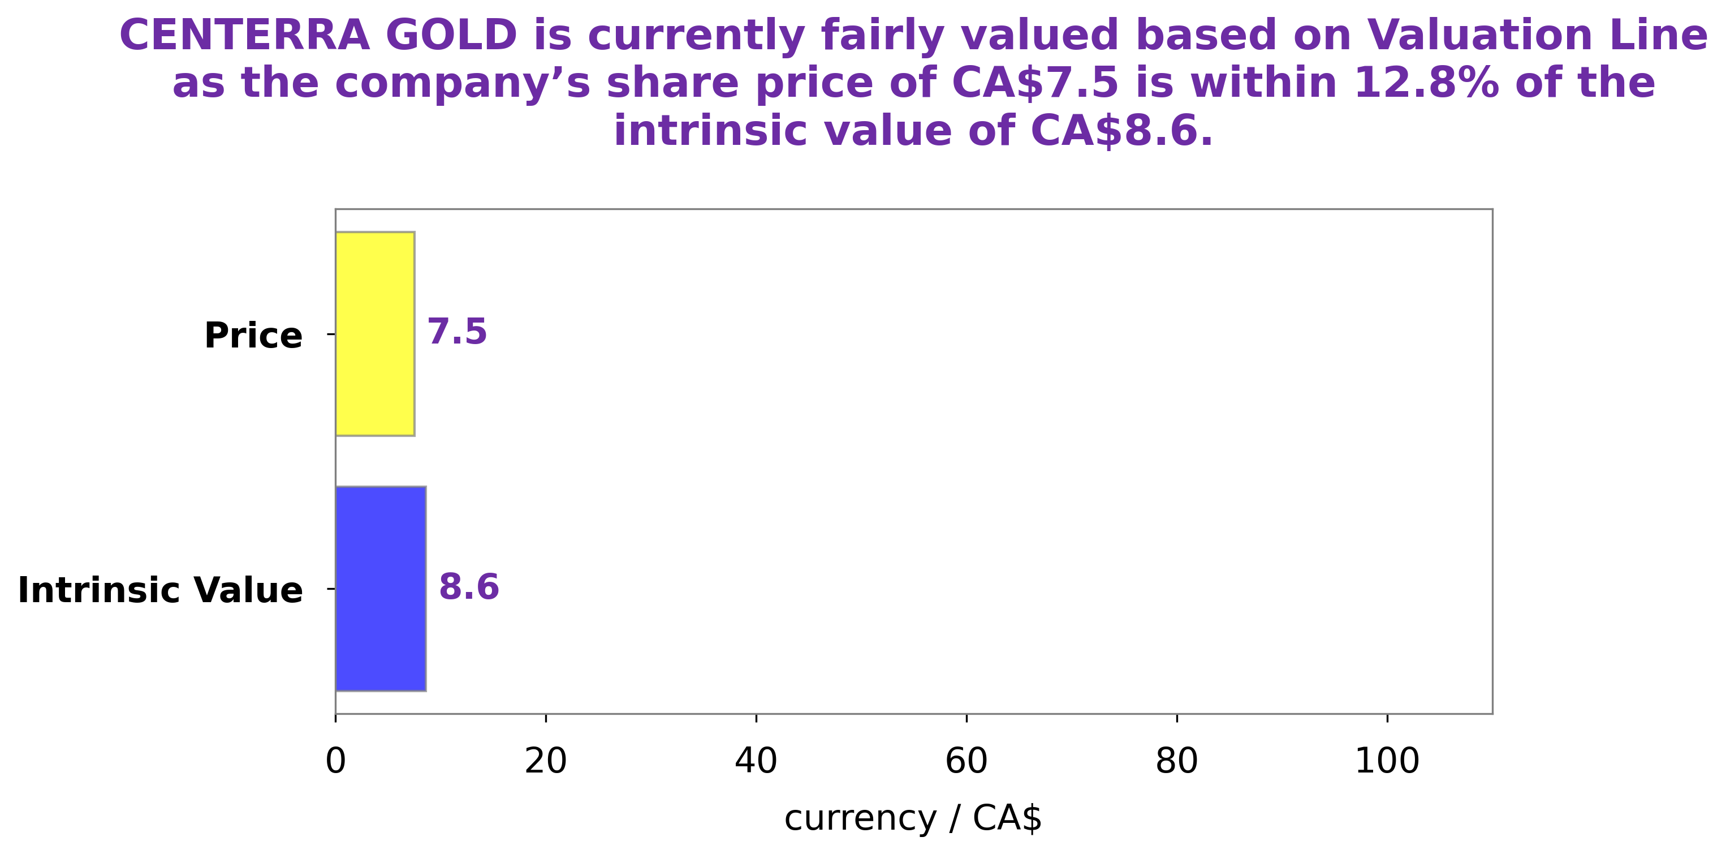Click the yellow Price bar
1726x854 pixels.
374,333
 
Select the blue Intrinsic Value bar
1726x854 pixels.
381,588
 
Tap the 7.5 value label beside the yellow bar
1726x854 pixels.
457,332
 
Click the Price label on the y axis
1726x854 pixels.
253,335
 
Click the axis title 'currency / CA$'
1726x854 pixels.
913,818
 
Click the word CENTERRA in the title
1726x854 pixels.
244,35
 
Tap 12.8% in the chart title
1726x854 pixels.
1426,83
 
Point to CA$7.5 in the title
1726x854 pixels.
1035,83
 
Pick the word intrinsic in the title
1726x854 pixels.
715,131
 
